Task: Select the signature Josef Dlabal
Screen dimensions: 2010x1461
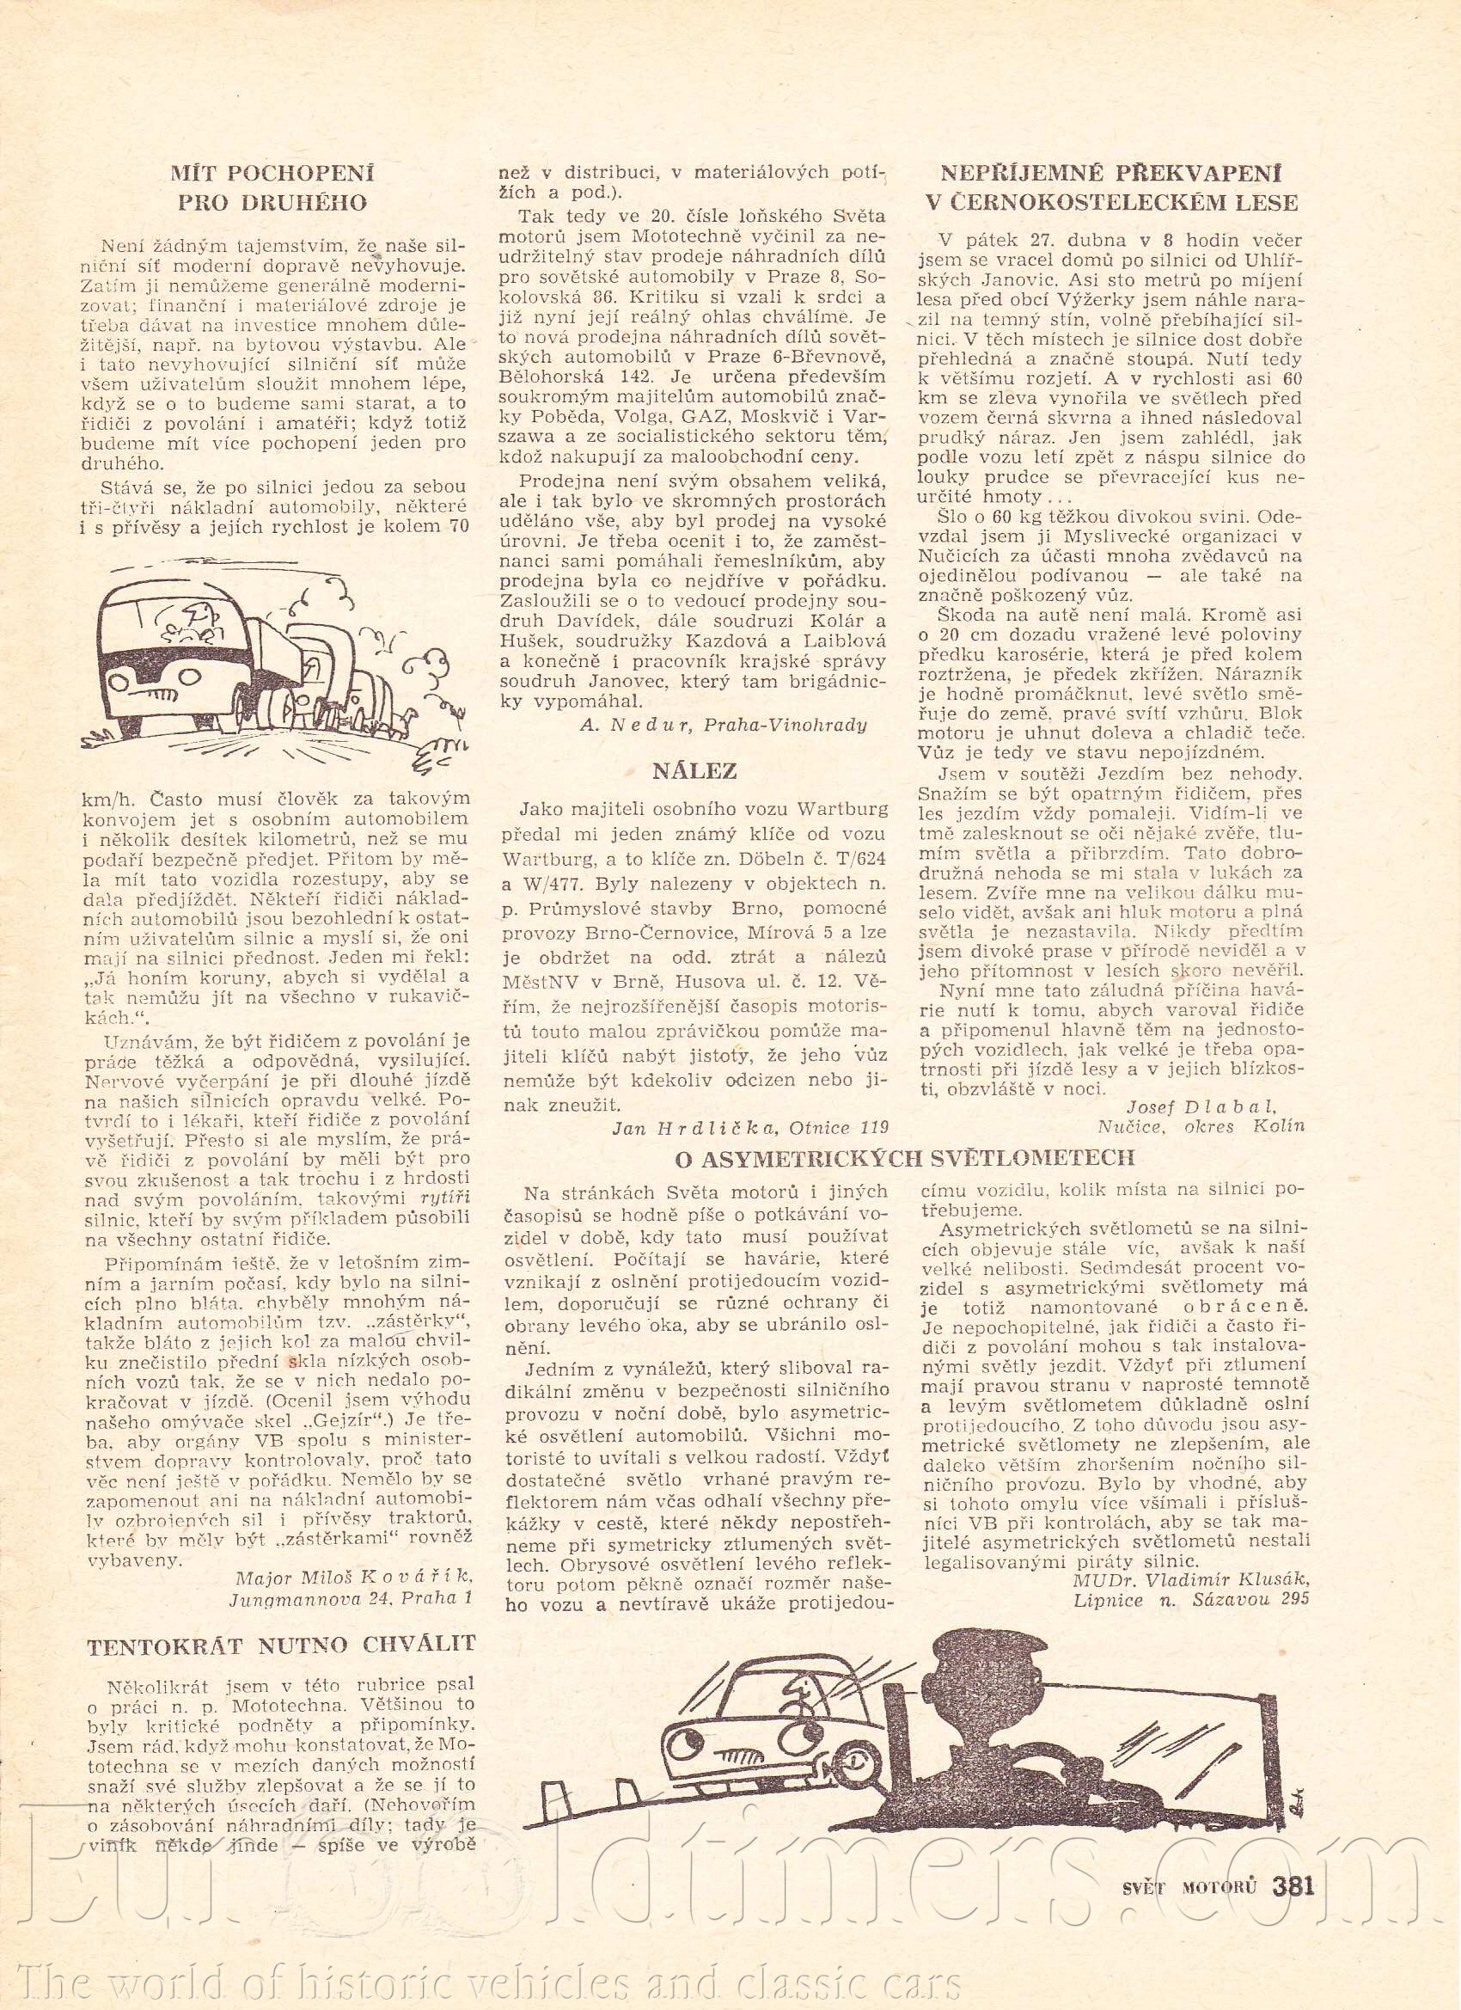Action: pos(1201,1106)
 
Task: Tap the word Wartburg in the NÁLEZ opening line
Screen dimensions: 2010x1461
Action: pos(841,808)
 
